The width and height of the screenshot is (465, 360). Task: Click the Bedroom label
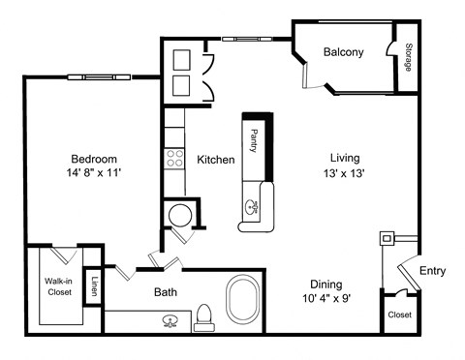click(x=93, y=159)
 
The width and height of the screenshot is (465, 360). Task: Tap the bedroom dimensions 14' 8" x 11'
click(x=93, y=175)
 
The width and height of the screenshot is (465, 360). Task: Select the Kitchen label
click(x=216, y=160)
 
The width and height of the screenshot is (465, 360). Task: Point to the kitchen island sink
click(x=253, y=205)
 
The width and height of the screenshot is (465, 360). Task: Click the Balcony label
click(x=344, y=52)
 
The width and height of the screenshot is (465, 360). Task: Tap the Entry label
click(x=432, y=271)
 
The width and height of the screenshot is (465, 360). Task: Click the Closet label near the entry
click(x=399, y=315)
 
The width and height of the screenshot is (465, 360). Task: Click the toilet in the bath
click(x=203, y=317)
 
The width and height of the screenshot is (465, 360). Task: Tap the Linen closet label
click(x=94, y=286)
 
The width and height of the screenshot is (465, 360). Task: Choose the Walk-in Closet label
click(x=59, y=287)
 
